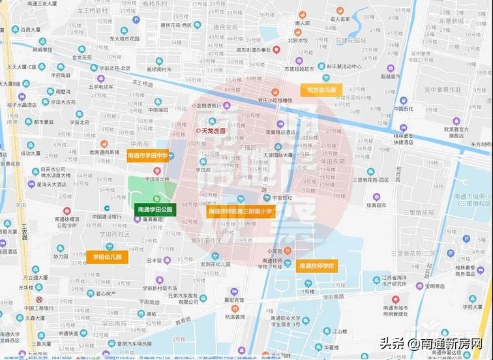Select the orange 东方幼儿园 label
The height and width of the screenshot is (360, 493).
click(x=321, y=89)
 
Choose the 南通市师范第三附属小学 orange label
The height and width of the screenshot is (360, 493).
click(x=241, y=211)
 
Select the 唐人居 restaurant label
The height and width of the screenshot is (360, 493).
click(x=301, y=23)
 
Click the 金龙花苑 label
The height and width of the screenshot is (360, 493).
click(x=85, y=57)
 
